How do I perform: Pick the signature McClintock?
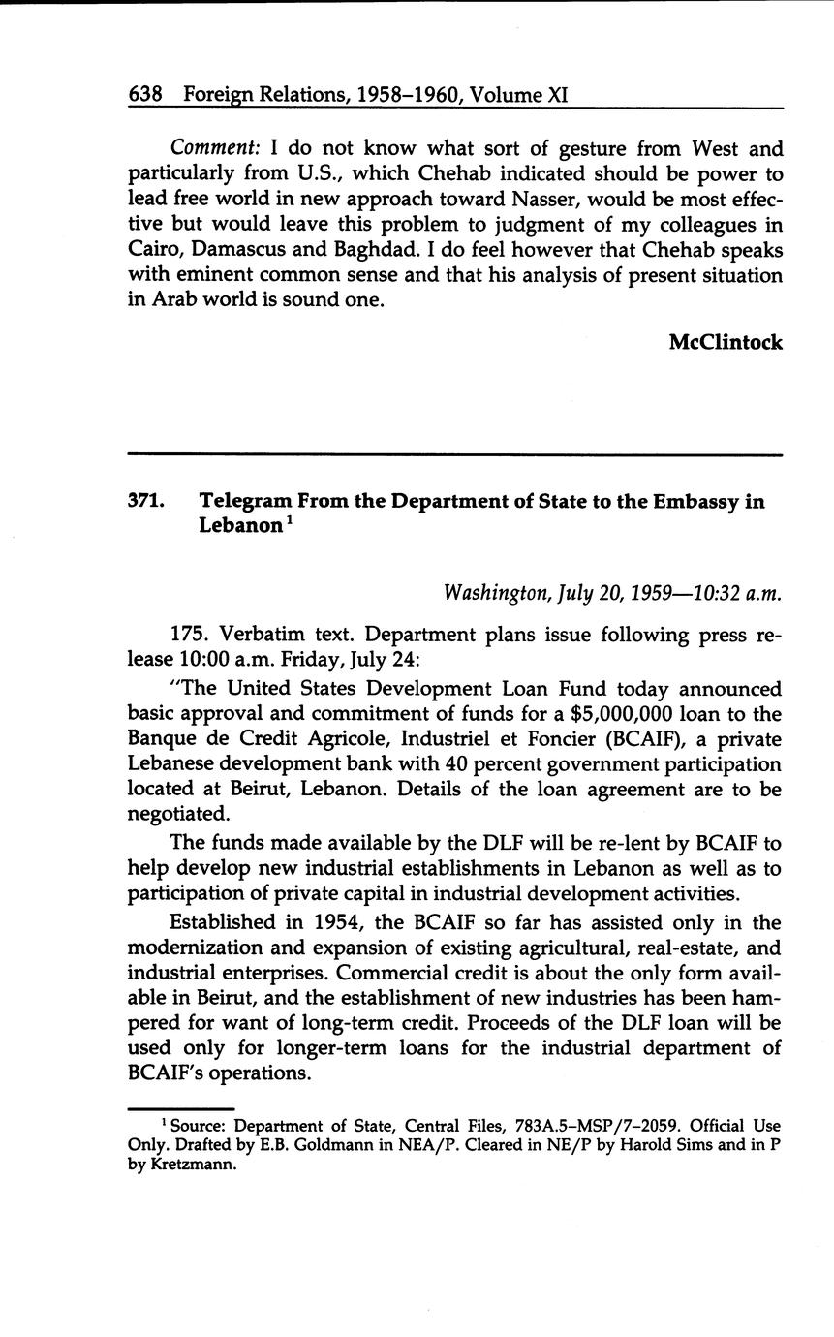[726, 342]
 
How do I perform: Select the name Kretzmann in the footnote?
[195, 1165]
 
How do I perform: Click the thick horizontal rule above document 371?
[454, 454]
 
